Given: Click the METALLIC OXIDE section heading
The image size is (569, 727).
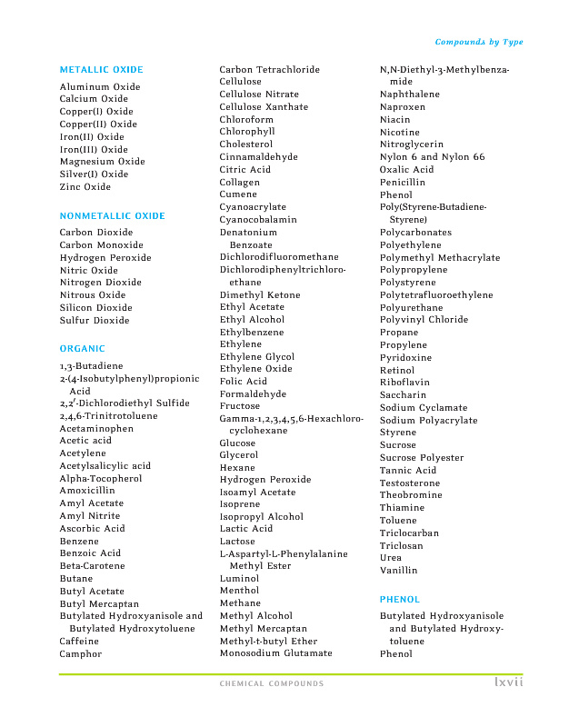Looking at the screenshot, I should (x=101, y=70).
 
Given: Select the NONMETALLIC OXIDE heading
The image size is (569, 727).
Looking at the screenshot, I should (x=113, y=216).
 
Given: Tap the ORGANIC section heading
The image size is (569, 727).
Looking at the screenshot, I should (x=82, y=349).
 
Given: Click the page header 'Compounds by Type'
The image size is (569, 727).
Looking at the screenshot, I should (x=479, y=43).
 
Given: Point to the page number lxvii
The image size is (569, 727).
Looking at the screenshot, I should (x=509, y=682).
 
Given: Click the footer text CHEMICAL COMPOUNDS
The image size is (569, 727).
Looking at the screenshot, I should (x=272, y=684).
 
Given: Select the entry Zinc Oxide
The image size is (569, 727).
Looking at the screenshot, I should (x=85, y=187).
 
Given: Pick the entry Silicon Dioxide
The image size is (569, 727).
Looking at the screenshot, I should (x=95, y=308).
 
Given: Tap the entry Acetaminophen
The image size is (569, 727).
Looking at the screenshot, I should (x=96, y=429).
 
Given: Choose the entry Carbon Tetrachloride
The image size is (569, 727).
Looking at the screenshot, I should (x=269, y=70).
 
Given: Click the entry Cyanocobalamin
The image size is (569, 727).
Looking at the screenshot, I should (x=258, y=220).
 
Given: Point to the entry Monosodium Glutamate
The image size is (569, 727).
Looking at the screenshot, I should (x=275, y=653).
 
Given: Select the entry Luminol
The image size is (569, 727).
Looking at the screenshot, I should (x=239, y=579).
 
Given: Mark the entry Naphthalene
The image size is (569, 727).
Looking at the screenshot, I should (x=409, y=95).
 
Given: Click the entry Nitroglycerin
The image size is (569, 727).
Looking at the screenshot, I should (x=412, y=144).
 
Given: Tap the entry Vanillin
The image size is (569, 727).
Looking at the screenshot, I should (x=399, y=571).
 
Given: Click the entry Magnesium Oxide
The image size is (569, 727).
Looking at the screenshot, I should (x=102, y=162).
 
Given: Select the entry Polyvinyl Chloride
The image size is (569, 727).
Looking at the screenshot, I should (x=424, y=320).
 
